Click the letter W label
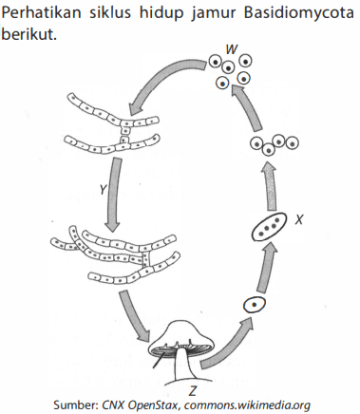pos(232,49)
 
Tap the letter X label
pos(299,219)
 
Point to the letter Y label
pos(103,190)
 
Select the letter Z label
pos(193,391)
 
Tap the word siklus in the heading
pos(109,12)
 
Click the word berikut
pos(28,33)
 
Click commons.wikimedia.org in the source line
pos(247,405)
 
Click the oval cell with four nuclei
pos(269,227)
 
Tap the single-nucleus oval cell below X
pos(255,305)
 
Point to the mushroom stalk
pos(183,367)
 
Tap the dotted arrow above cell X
pos(269,186)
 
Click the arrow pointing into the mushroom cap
pos(134,316)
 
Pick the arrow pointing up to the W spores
pos(248,107)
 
